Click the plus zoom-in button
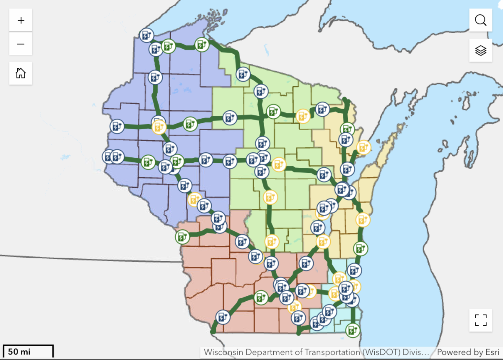click(21, 20)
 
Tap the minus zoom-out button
click(21, 44)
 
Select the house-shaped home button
click(21, 73)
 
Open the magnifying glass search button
click(480, 20)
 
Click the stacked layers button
click(480, 50)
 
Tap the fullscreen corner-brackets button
click(480, 320)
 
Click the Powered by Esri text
click(468, 352)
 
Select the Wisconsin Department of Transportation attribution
click(316, 352)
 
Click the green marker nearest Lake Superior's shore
click(202, 44)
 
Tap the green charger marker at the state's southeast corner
click(352, 330)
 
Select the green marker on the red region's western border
click(182, 237)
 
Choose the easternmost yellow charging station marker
click(363, 147)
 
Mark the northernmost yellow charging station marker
click(302, 116)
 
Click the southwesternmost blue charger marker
click(223, 317)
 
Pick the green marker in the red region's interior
click(261, 297)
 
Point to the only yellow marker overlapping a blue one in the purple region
click(159, 126)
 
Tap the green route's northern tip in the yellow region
click(345, 99)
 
